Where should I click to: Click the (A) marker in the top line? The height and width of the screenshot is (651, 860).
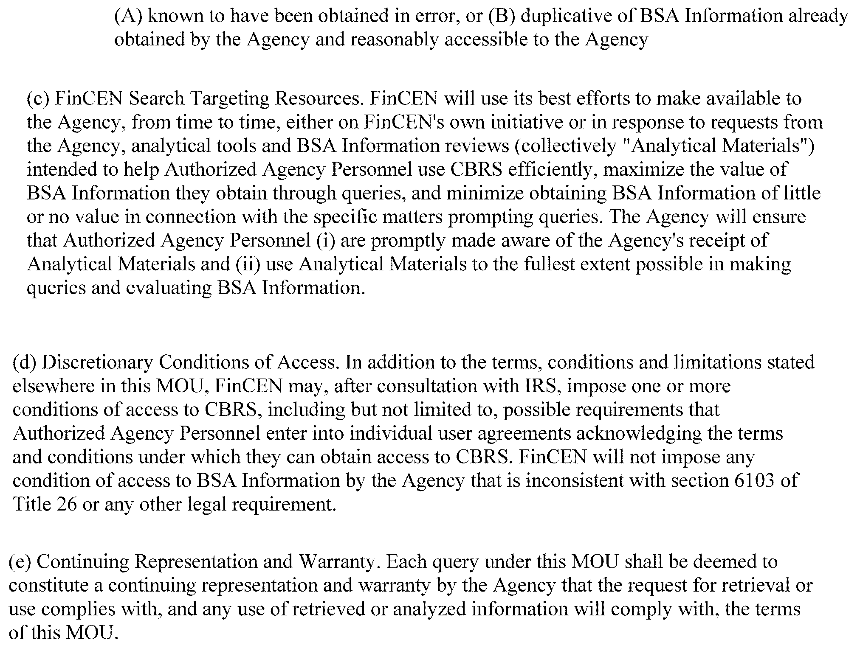[129, 16]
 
